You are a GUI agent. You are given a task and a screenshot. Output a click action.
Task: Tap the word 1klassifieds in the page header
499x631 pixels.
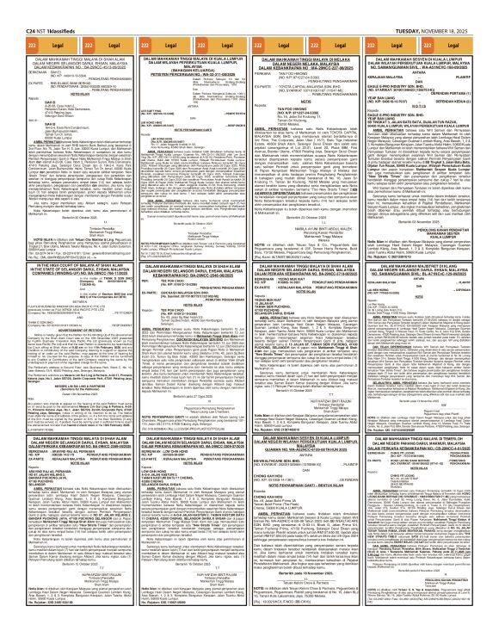click(55, 8)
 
